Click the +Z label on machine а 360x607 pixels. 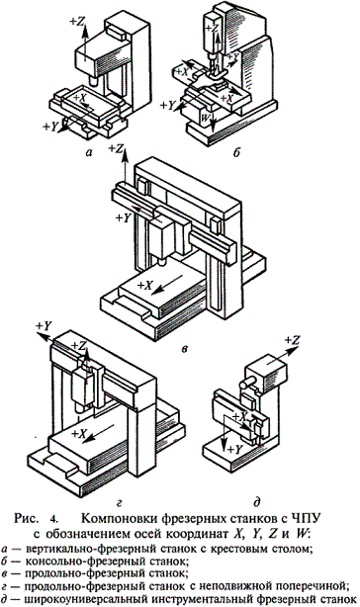[x=77, y=22]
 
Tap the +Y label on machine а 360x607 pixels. [x=50, y=127]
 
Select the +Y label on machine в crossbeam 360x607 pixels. [x=125, y=217]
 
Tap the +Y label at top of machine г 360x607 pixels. [x=44, y=326]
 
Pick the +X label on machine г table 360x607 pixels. [x=78, y=434]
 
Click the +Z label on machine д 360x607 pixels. [x=293, y=340]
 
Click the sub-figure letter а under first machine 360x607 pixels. [x=90, y=153]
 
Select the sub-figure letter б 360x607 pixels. [x=237, y=152]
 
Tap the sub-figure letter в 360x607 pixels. [x=184, y=349]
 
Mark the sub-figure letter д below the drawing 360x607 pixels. [x=256, y=503]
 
